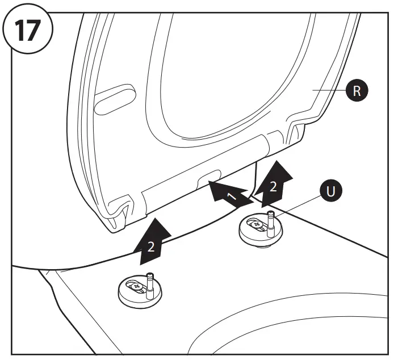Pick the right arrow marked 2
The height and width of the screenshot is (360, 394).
[x=274, y=182]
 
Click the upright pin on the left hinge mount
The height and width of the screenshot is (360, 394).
[x=150, y=284]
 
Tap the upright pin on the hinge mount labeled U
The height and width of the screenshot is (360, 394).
[x=271, y=222]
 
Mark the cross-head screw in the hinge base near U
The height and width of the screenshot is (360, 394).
[x=257, y=224]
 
